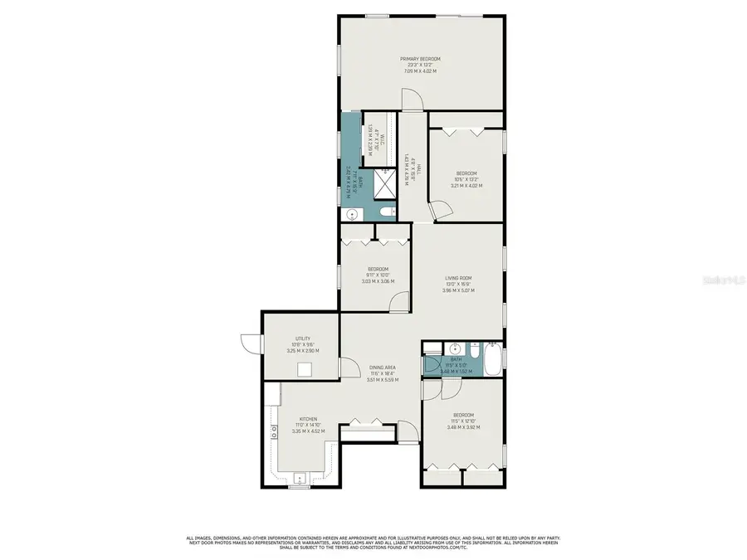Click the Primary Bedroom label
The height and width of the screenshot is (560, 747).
[x=420, y=59]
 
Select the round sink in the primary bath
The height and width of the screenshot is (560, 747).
[x=352, y=214]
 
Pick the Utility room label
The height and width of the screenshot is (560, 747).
[x=302, y=338]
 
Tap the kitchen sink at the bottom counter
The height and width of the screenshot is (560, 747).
[x=300, y=478]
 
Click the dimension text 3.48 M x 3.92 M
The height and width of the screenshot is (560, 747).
[x=463, y=426]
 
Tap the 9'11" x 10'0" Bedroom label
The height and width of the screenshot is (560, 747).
[x=378, y=269]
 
